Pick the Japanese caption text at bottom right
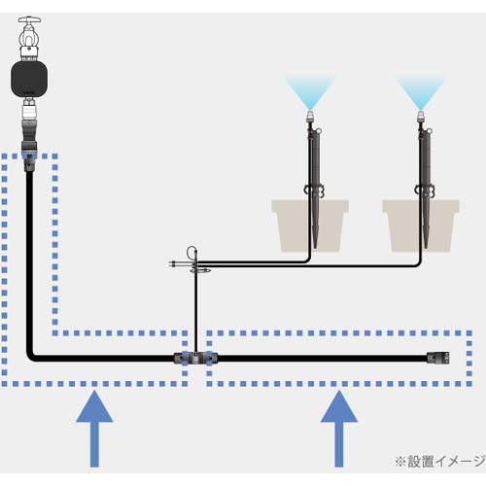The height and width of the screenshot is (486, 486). click(434, 460)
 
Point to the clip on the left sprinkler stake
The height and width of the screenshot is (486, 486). click(312, 191)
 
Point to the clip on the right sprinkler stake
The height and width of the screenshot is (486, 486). click(424, 191)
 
